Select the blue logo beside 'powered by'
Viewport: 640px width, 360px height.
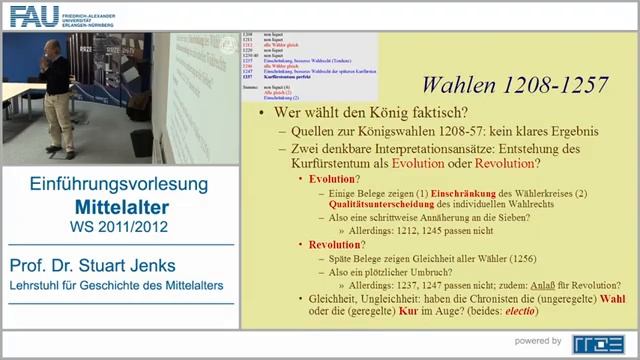(598, 342)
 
